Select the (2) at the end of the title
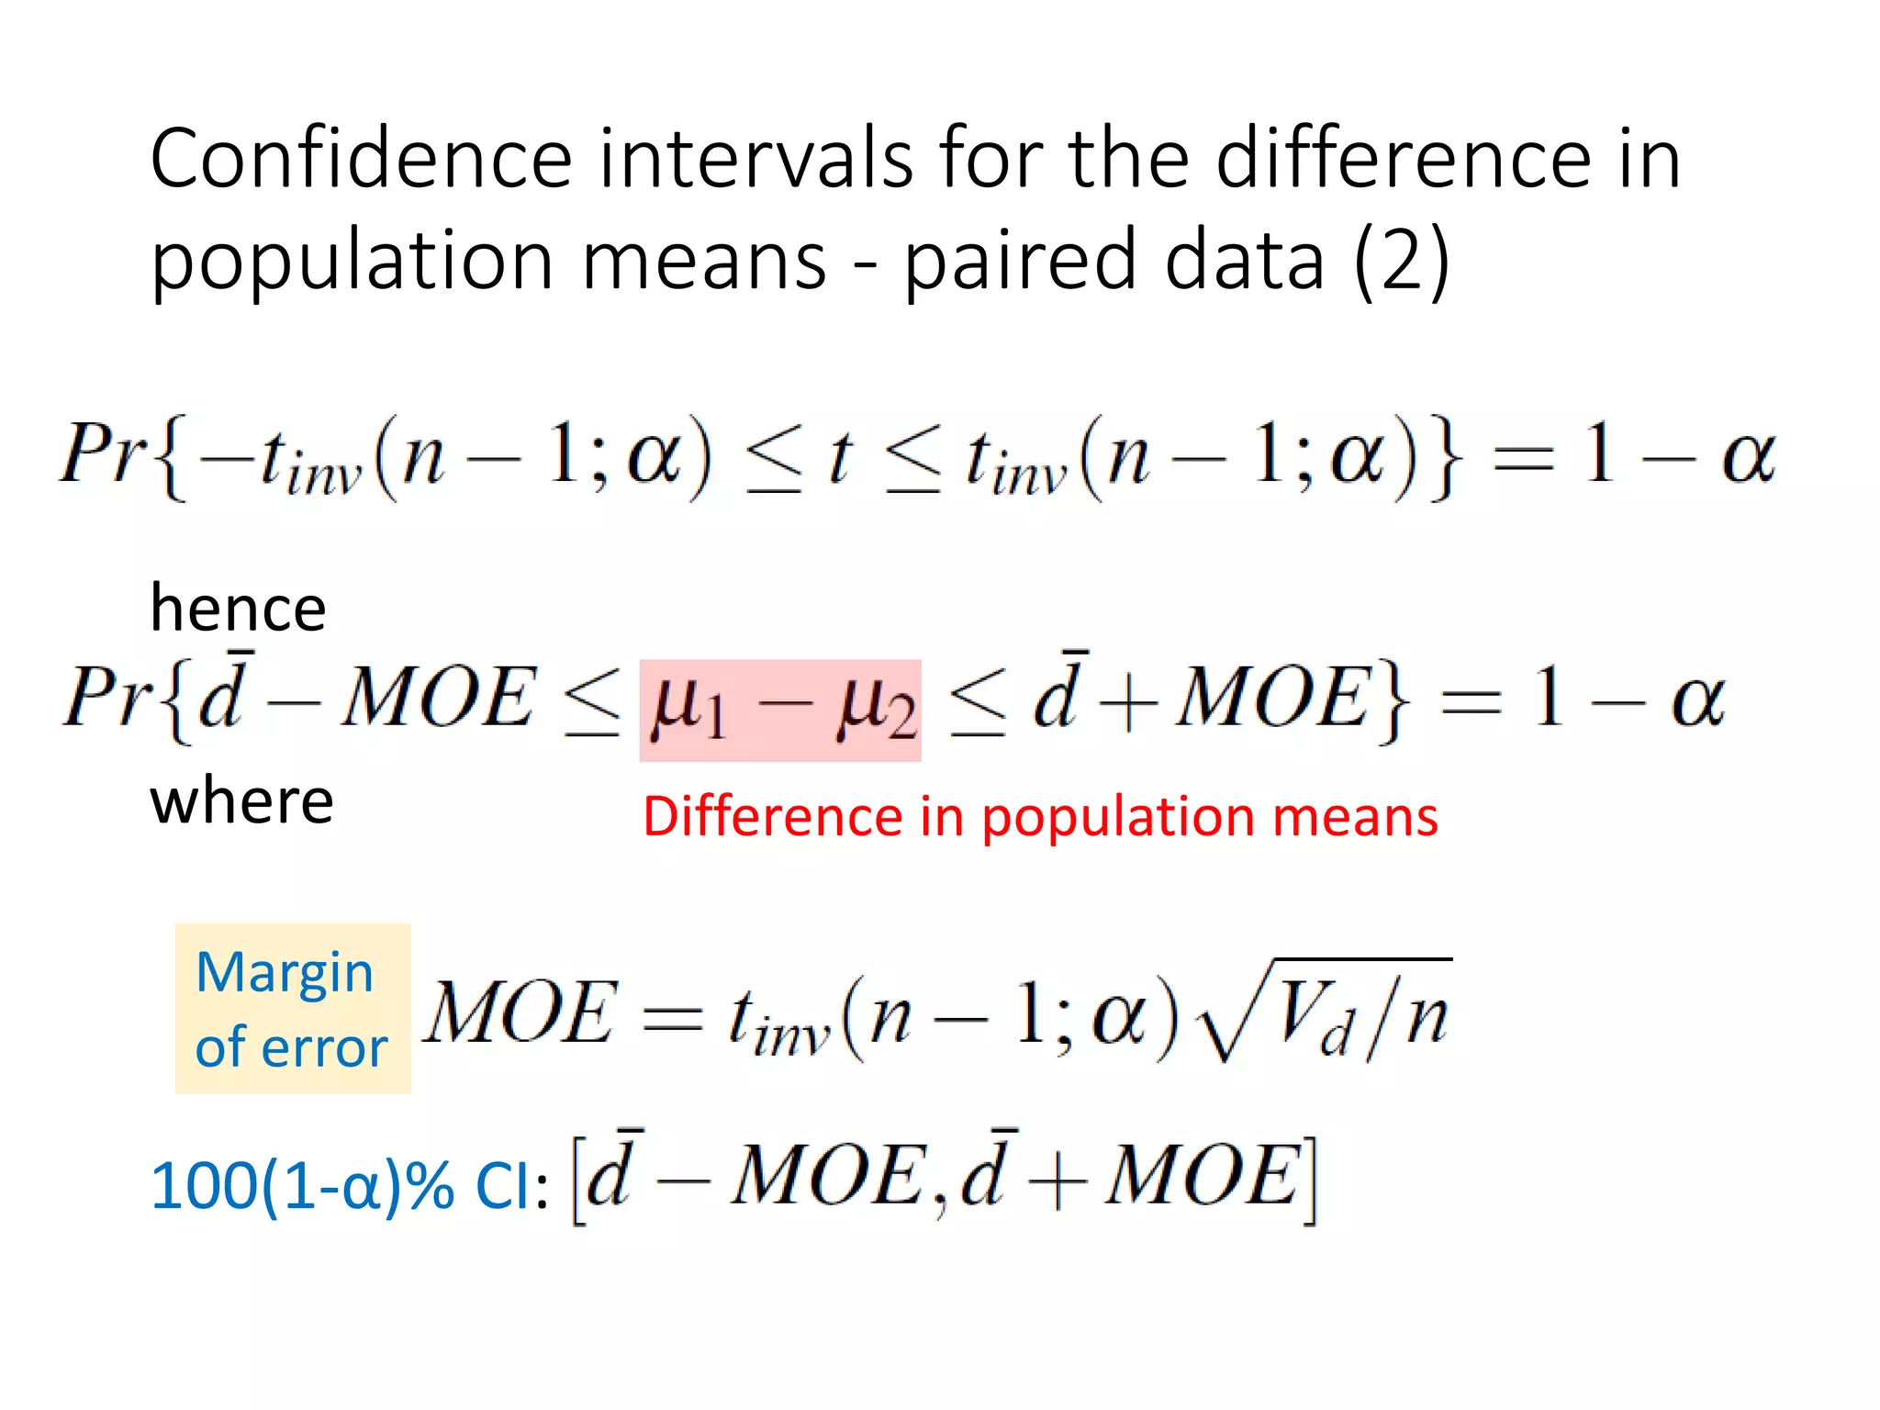(1402, 261)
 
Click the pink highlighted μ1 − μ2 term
(780, 710)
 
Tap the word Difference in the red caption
(772, 816)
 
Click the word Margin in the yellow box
(285, 973)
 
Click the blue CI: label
(510, 1186)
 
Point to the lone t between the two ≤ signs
(839, 456)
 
